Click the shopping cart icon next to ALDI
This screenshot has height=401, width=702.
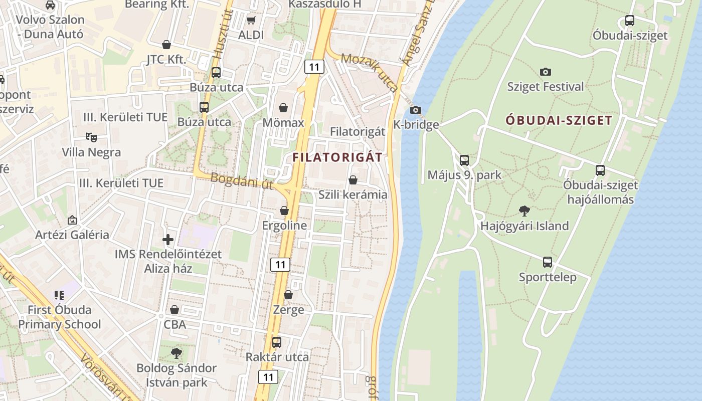pyautogui.click(x=251, y=20)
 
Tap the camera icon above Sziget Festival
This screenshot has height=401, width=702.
pyautogui.click(x=546, y=72)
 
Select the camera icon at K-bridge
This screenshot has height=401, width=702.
pyautogui.click(x=415, y=110)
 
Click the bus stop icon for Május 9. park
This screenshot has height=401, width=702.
pyautogui.click(x=464, y=160)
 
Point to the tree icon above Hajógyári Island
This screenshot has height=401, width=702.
pyautogui.click(x=524, y=211)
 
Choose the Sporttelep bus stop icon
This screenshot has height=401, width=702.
pyautogui.click(x=548, y=262)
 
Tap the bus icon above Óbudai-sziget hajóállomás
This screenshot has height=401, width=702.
pyautogui.click(x=600, y=170)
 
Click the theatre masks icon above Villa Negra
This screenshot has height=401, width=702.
pyautogui.click(x=91, y=137)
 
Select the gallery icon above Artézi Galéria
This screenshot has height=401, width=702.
pyautogui.click(x=72, y=220)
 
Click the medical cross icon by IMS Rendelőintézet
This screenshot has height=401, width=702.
pyautogui.click(x=168, y=239)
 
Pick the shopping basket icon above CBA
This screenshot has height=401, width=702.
pyautogui.click(x=174, y=310)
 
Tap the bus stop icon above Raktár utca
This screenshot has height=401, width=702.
pyautogui.click(x=277, y=342)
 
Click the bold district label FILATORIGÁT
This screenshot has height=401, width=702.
pyautogui.click(x=337, y=157)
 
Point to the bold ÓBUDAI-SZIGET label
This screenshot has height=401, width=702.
pyautogui.click(x=559, y=120)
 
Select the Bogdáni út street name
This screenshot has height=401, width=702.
pyautogui.click(x=242, y=181)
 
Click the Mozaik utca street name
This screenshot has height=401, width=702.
pyautogui.click(x=369, y=72)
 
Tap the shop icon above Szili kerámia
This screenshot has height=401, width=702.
pyautogui.click(x=353, y=179)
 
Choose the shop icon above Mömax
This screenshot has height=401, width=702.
pyautogui.click(x=283, y=108)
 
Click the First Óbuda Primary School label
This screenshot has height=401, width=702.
pyautogui.click(x=60, y=317)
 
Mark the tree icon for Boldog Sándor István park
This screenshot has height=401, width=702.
pyautogui.click(x=177, y=353)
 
